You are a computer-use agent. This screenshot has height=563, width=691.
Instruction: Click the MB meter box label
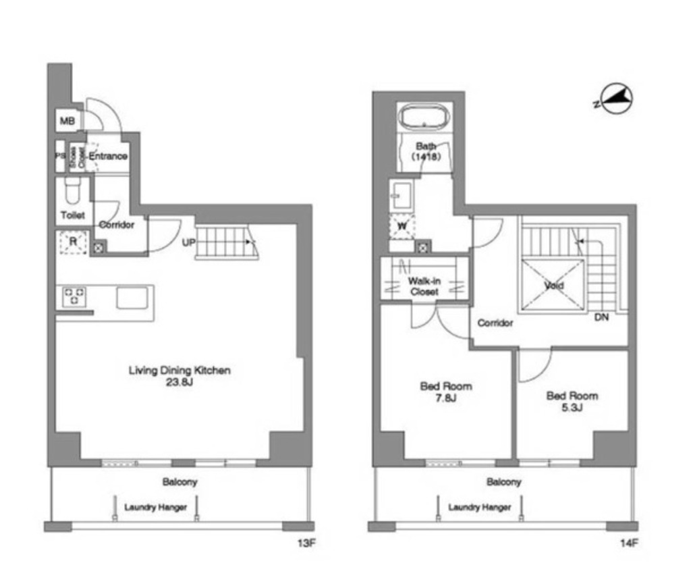pyautogui.click(x=67, y=120)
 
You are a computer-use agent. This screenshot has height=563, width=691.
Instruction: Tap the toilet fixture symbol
pyautogui.click(x=72, y=191)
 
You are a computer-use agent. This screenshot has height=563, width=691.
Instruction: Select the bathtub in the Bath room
pyautogui.click(x=424, y=117)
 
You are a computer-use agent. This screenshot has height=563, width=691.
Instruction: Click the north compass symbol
pyautogui.click(x=615, y=100)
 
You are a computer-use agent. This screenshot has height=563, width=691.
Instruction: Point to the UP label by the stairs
pyautogui.click(x=189, y=242)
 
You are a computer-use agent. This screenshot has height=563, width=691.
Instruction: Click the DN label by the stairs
pyautogui.click(x=601, y=317)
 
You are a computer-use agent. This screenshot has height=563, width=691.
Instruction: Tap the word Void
pyautogui.click(x=553, y=286)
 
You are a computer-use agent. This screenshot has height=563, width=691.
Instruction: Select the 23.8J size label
pyautogui.click(x=179, y=382)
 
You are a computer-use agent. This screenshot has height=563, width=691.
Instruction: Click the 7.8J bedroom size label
pyautogui.click(x=445, y=398)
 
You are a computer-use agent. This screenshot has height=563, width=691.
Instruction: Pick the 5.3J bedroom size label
pyautogui.click(x=572, y=408)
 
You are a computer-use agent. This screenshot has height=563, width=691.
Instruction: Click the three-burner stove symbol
pyautogui.click(x=74, y=296)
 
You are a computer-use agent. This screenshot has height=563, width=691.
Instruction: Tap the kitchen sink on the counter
pyautogui.click(x=132, y=298)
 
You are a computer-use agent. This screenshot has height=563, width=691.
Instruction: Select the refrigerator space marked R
pyautogui.click(x=73, y=242)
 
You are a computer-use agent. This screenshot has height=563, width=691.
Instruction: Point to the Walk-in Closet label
pyautogui.click(x=424, y=286)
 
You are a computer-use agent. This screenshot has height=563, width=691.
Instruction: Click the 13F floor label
pyautogui.click(x=306, y=543)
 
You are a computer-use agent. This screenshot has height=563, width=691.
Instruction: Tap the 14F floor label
pyautogui.click(x=629, y=543)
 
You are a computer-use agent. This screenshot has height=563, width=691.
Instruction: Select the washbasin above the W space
pyautogui.click(x=402, y=194)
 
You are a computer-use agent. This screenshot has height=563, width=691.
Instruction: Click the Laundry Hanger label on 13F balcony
pyautogui.click(x=156, y=507)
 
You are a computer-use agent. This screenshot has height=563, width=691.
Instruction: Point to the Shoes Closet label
pyautogui.click(x=77, y=157)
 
